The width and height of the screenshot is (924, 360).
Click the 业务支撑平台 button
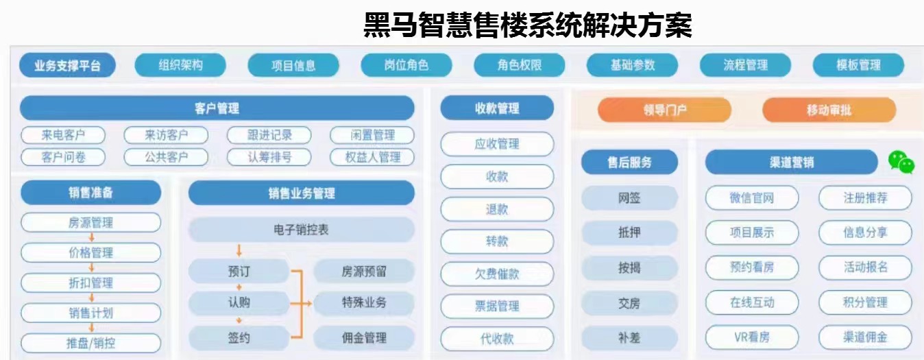tap(67, 66)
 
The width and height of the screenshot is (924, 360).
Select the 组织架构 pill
tap(180, 65)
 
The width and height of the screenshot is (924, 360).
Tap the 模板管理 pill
tap(858, 65)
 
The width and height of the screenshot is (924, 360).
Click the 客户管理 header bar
tap(217, 108)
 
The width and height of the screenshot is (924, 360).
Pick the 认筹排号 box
tap(269, 157)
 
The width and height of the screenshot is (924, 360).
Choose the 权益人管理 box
tap(373, 157)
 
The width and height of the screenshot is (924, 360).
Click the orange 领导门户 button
tap(664, 110)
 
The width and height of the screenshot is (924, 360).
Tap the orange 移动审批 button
tap(829, 110)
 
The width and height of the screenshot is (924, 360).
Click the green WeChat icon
tap(901, 162)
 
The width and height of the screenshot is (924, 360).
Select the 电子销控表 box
tap(301, 230)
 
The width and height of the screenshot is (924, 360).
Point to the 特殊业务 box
tap(364, 302)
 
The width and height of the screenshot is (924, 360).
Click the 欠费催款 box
tap(497, 274)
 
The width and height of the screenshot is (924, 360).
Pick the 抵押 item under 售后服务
tap(629, 232)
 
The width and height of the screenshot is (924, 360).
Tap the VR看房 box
tap(752, 337)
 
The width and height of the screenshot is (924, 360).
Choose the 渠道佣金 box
tap(865, 337)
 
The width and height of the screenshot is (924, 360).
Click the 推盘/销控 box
tap(90, 343)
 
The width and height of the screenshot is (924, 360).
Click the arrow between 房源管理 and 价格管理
tap(91, 238)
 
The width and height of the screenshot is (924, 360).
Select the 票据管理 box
tap(497, 306)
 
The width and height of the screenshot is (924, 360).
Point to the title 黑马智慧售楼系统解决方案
tap(527, 25)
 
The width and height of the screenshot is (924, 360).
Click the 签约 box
tap(239, 338)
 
